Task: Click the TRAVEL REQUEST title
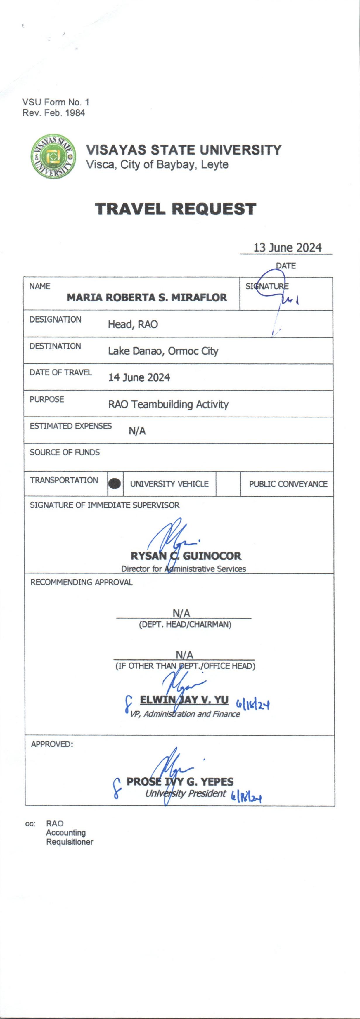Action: click(x=176, y=209)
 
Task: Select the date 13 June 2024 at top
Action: click(x=287, y=248)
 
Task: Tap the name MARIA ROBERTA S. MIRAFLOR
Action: click(x=147, y=297)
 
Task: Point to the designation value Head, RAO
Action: click(x=133, y=324)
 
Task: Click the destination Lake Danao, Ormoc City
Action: click(x=163, y=351)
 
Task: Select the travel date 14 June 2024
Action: click(x=139, y=377)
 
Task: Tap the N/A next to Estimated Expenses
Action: click(x=137, y=431)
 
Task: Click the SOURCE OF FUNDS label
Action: click(x=65, y=452)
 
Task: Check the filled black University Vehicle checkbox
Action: click(x=115, y=483)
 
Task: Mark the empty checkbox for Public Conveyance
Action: click(x=228, y=483)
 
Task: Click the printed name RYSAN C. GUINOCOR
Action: click(x=186, y=556)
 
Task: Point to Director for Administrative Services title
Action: click(x=184, y=569)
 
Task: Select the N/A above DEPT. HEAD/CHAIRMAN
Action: click(x=181, y=613)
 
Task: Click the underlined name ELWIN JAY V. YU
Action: click(x=184, y=700)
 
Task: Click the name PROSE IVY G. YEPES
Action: click(x=180, y=782)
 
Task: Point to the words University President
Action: click(x=186, y=793)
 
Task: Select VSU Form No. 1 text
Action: click(x=56, y=102)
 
